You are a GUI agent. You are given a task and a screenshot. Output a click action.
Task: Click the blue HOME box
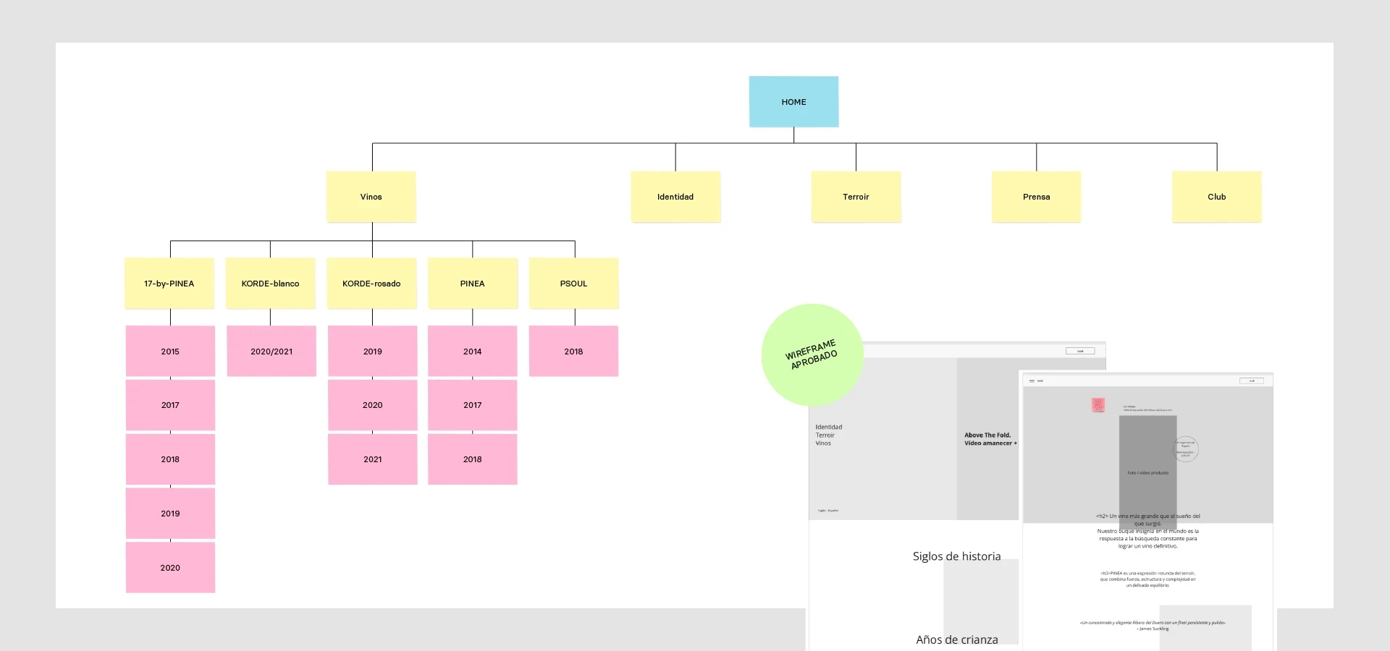tap(793, 102)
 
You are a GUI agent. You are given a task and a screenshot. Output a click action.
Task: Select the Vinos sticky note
tap(371, 197)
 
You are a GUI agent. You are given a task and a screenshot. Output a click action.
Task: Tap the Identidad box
tap(675, 197)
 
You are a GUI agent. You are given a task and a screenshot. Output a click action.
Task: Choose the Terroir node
tap(856, 197)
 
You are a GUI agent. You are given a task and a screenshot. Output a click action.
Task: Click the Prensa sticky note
tap(1036, 197)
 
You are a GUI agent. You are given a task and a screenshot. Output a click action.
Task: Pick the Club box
tap(1216, 197)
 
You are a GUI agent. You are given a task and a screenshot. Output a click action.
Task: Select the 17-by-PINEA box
tap(169, 284)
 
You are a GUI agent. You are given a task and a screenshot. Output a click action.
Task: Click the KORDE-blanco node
tap(270, 284)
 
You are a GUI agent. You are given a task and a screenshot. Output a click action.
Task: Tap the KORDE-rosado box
tap(371, 284)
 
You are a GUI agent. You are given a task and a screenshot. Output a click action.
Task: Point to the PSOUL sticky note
tap(573, 284)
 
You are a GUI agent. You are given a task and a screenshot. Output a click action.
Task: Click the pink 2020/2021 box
tap(271, 352)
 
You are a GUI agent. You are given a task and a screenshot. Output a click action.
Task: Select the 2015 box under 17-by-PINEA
tap(170, 352)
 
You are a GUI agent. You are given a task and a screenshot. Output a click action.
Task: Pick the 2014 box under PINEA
tap(472, 352)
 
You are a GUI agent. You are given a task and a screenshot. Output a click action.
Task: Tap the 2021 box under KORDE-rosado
tap(372, 459)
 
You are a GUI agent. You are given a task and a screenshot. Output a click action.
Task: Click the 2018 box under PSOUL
tap(573, 352)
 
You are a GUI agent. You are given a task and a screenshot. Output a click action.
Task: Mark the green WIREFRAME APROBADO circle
tap(812, 354)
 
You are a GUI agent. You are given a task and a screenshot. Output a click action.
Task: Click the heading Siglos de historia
tap(956, 556)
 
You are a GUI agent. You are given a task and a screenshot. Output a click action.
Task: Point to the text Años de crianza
tap(956, 639)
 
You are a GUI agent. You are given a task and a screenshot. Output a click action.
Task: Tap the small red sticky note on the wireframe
tap(1098, 405)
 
